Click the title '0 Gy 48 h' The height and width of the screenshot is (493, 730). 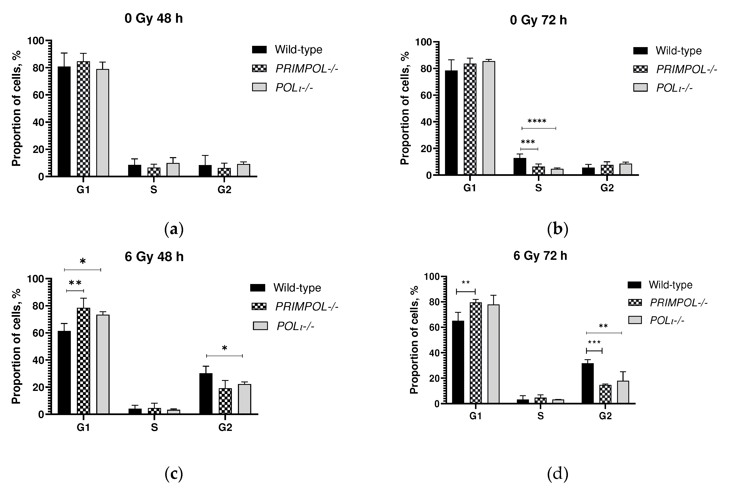(x=153, y=19)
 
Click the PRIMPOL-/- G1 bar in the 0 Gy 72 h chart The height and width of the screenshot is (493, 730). (x=470, y=119)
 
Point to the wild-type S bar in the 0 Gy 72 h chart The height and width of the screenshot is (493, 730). (x=520, y=166)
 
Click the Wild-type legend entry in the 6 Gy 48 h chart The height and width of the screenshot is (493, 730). (x=297, y=288)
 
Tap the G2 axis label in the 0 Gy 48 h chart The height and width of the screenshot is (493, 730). (x=224, y=190)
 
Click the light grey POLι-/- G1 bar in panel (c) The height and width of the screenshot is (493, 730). (x=103, y=364)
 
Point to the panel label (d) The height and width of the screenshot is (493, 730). (x=557, y=474)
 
